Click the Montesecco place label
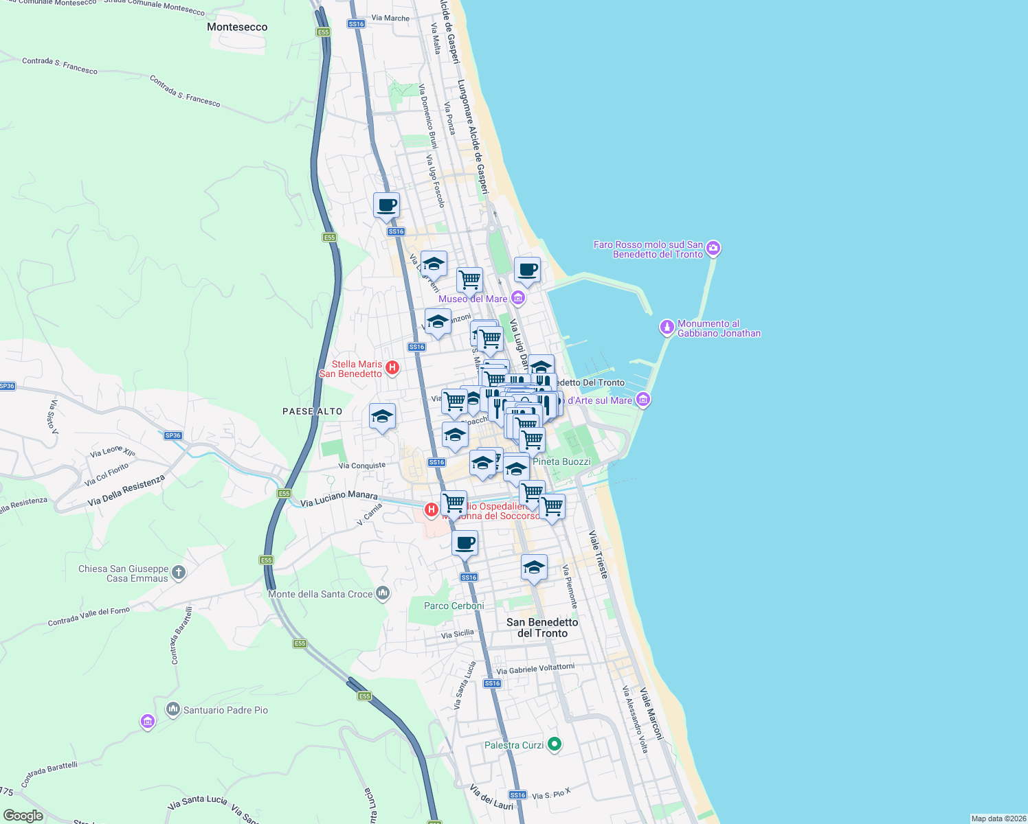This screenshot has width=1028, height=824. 237,27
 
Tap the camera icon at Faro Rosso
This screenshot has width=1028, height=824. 713,248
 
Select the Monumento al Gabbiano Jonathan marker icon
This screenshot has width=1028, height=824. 667,328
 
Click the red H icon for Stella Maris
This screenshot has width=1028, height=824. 392,368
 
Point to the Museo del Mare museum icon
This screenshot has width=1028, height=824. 518,298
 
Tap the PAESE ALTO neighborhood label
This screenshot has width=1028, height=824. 312,411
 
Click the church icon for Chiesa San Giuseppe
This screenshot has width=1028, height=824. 178,572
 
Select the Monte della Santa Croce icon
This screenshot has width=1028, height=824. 383,593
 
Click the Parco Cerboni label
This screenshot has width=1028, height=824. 454,606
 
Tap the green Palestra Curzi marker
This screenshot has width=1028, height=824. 555,744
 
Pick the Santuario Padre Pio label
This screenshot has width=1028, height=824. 225,710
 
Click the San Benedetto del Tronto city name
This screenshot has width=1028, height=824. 542,628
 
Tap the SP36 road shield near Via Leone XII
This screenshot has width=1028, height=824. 173,435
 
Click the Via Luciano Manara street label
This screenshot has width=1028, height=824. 339,499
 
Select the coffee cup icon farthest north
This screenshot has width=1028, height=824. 386,205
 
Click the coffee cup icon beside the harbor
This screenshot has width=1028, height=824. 527,270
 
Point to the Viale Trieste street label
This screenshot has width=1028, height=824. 598,554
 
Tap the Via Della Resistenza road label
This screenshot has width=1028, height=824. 126,490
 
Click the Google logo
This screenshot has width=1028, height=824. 23,816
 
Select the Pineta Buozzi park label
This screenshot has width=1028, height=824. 561,461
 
